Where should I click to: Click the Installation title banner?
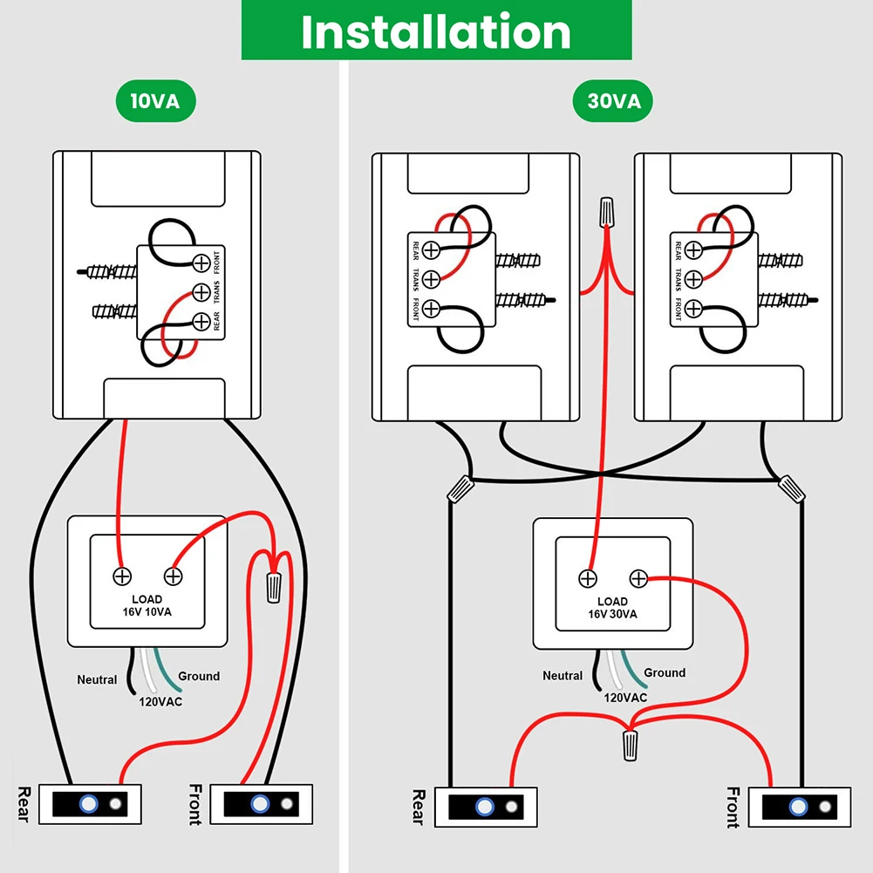436,31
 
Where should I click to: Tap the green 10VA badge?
155,101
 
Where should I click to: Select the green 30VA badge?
613,102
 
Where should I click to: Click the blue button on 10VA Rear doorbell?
89,803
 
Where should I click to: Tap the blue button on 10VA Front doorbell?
260,803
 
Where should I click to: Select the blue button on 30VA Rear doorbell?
485,807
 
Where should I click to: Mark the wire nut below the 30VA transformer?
630,746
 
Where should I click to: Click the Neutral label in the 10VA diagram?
97,679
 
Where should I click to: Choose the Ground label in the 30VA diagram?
665,672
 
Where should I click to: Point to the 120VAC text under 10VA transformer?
161,700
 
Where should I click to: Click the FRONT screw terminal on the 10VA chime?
201,263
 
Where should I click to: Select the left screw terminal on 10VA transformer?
122,576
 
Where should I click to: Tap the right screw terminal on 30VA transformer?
638,578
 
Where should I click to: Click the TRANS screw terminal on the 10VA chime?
201,292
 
